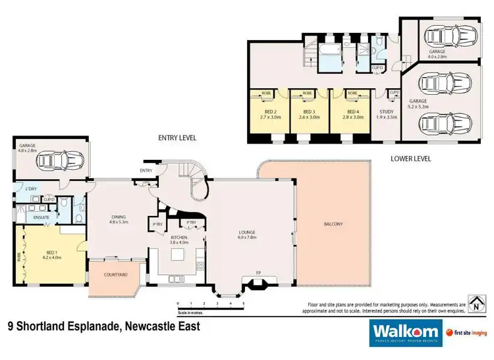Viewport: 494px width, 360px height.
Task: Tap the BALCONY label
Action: tap(333, 224)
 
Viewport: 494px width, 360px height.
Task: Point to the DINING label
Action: tap(118, 219)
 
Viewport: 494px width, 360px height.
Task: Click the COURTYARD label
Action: tap(113, 274)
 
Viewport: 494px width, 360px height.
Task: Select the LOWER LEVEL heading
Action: tap(410, 159)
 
